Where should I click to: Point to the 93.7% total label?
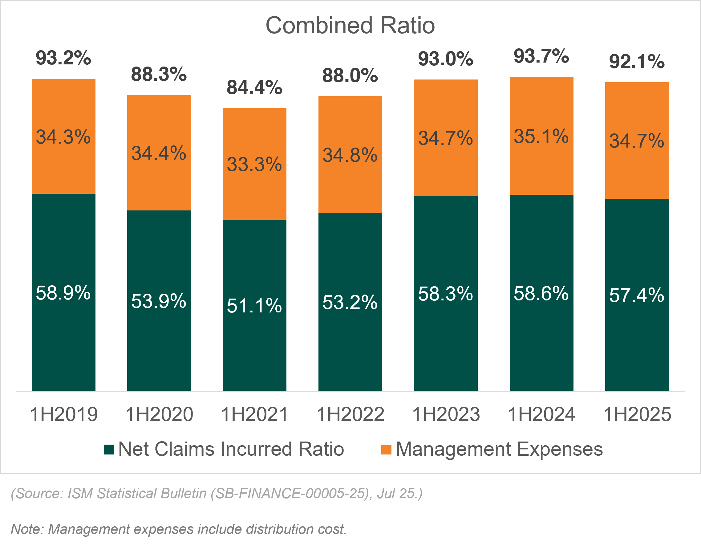coord(541,56)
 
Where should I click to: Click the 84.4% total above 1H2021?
coord(254,87)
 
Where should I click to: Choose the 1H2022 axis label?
coord(350,414)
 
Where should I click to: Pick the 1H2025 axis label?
coord(637,414)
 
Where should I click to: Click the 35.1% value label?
coord(541,136)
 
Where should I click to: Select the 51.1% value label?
coord(254,305)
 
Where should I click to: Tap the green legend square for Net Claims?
coord(109,450)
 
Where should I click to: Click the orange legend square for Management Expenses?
coord(386,450)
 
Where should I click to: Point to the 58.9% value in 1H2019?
coord(63,293)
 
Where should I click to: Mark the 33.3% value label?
coord(254,164)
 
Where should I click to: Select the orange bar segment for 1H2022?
coord(350,187)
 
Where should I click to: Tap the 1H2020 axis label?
coord(159,414)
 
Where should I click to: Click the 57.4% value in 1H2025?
coord(637,295)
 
